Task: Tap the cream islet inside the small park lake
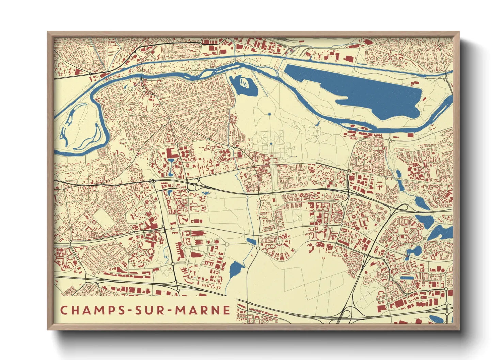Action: click(x=244, y=82)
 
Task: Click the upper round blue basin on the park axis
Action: click(x=269, y=114)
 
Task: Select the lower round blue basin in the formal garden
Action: click(x=271, y=144)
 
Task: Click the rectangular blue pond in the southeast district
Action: click(x=407, y=278)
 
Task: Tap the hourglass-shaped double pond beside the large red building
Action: click(x=171, y=166)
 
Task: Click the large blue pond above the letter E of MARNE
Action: click(x=236, y=269)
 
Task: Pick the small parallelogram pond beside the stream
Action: click(x=251, y=241)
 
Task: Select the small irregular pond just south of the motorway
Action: click(x=205, y=193)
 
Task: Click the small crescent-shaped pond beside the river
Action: click(x=317, y=123)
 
